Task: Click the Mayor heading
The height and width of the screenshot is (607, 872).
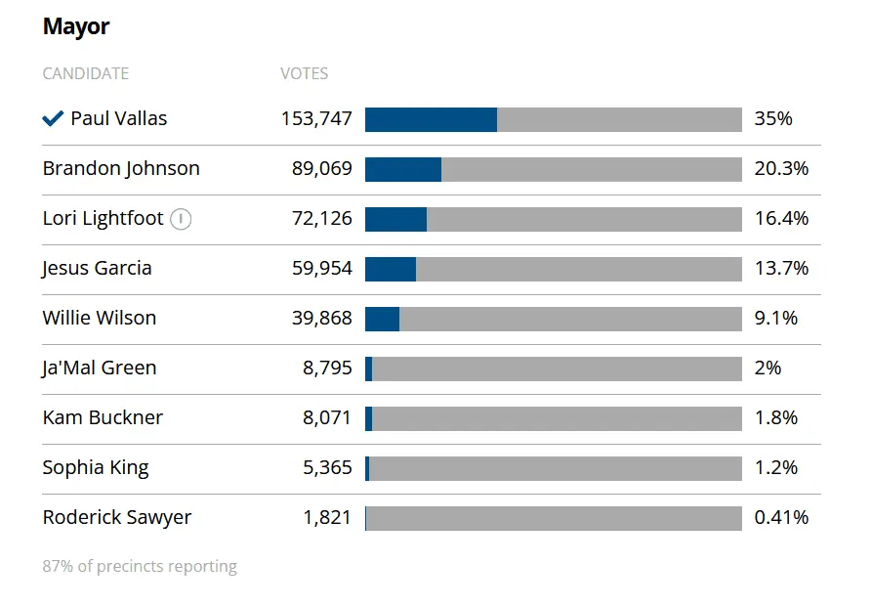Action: click(76, 26)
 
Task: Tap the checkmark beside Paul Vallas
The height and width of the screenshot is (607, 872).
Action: click(53, 119)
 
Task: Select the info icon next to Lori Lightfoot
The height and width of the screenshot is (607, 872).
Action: click(181, 219)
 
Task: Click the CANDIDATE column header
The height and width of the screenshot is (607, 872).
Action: click(86, 73)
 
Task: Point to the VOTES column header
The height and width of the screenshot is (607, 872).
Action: click(305, 73)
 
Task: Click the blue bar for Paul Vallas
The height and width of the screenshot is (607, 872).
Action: click(431, 119)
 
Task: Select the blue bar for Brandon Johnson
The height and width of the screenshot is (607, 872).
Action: click(403, 169)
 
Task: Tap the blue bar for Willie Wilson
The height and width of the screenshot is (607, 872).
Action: click(383, 319)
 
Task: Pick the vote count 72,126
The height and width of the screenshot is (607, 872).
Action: click(322, 219)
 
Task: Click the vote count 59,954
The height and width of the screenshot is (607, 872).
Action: click(322, 269)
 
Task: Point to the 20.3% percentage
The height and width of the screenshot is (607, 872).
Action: click(781, 169)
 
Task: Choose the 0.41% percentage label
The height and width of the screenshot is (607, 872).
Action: click(781, 518)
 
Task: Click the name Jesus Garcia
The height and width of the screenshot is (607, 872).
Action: click(97, 269)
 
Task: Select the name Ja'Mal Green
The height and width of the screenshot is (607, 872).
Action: click(100, 369)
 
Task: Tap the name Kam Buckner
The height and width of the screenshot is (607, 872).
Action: click(103, 418)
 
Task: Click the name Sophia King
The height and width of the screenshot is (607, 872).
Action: click(96, 468)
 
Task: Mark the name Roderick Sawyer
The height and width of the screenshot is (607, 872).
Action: click(117, 518)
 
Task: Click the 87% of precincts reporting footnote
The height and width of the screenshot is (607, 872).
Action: click(140, 567)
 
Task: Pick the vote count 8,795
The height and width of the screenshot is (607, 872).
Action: click(327, 369)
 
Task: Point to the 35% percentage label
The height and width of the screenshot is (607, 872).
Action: click(773, 119)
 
